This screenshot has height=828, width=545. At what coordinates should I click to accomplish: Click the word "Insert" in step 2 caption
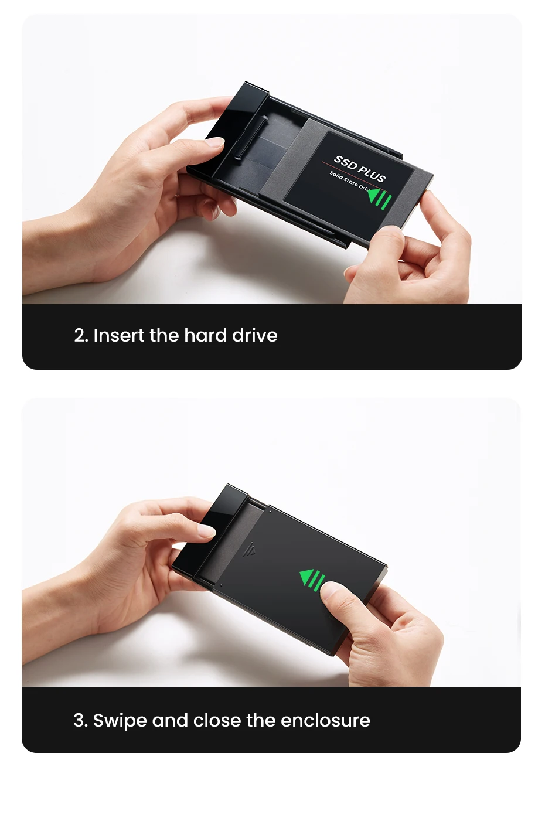(x=119, y=335)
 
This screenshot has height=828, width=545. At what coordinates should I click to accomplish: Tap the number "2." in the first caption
(x=81, y=336)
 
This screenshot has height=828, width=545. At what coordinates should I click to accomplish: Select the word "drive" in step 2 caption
(x=255, y=335)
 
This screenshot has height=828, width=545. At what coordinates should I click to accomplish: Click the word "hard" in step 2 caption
(x=205, y=335)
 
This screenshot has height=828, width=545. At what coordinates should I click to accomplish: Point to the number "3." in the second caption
(x=81, y=720)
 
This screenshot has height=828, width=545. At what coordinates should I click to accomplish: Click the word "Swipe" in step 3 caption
(x=120, y=721)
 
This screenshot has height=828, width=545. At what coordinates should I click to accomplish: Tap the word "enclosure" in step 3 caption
(x=325, y=720)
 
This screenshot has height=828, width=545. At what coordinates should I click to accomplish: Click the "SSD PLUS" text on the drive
(x=360, y=169)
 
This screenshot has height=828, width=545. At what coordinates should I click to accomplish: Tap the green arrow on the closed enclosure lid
(x=312, y=579)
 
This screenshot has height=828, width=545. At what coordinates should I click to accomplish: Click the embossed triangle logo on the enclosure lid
(x=249, y=550)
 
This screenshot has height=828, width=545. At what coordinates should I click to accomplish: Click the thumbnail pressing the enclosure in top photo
(x=215, y=142)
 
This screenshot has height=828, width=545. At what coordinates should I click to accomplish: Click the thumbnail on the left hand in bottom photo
(x=207, y=531)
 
